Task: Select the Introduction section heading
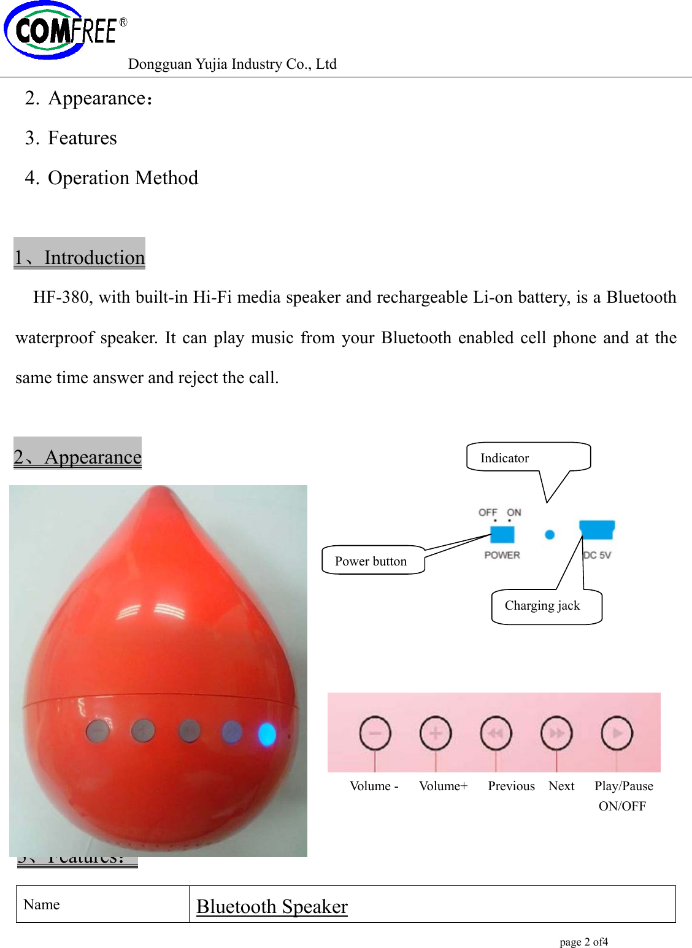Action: (80, 257)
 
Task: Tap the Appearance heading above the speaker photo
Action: (78, 457)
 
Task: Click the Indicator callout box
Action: (528, 457)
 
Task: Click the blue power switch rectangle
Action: (502, 534)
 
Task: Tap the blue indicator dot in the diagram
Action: (550, 534)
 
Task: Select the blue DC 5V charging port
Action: (596, 529)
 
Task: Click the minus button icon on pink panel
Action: (375, 733)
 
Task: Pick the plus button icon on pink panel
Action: (436, 733)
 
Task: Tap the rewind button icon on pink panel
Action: (496, 733)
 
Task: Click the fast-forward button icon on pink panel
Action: (556, 733)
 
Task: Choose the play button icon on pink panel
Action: (617, 733)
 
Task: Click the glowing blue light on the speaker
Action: (267, 734)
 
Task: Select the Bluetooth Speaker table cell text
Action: (272, 906)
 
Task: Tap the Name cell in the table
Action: (42, 904)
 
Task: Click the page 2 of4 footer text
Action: (583, 942)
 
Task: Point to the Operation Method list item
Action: (123, 178)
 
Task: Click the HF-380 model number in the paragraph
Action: (61, 298)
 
